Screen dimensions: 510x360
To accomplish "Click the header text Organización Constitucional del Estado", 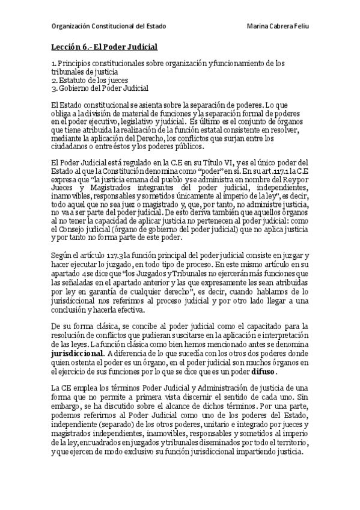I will point(108,27).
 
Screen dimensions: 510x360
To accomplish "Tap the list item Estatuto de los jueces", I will point(93,80).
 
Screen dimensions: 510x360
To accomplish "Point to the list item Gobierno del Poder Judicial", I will point(103,88).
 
